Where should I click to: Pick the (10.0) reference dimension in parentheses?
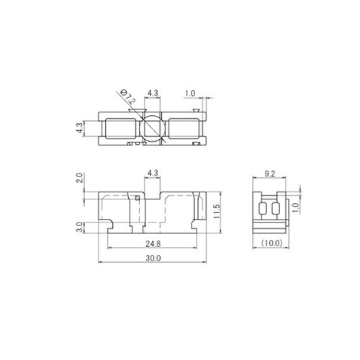(x=272, y=243)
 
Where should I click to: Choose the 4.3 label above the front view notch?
(x=152, y=174)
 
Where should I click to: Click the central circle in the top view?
(x=152, y=129)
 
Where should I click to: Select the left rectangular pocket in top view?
(x=120, y=129)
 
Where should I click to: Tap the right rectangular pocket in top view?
(x=184, y=129)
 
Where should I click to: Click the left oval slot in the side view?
(x=261, y=210)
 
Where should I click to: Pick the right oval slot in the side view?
(x=274, y=210)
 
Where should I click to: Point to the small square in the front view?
(x=137, y=197)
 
